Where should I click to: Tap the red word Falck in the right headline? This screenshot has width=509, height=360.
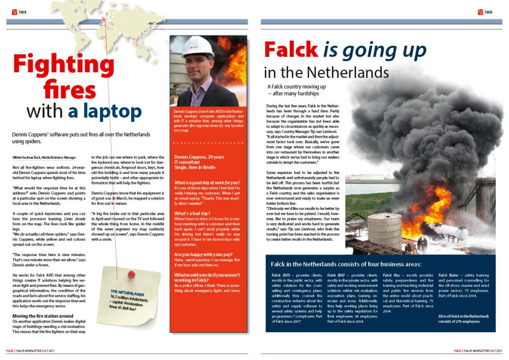click(291, 50)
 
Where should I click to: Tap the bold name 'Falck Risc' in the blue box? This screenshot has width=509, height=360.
click(393, 275)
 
